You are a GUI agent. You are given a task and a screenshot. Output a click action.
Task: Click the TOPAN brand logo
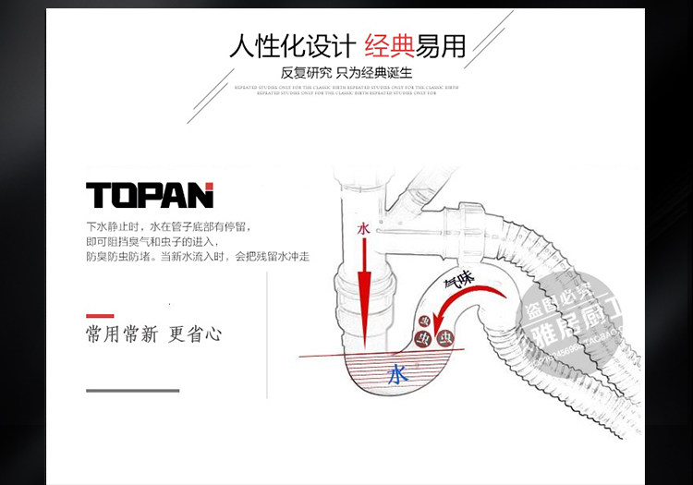(x=150, y=195)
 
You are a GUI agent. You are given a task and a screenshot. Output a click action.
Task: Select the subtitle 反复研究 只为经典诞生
(x=346, y=73)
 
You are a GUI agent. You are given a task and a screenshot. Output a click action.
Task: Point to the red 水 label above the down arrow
(x=363, y=228)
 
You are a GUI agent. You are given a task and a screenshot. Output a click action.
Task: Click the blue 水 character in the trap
(x=397, y=374)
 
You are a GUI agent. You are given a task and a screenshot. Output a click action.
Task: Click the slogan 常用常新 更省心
(x=153, y=333)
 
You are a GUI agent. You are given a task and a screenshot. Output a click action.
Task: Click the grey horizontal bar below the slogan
(x=132, y=390)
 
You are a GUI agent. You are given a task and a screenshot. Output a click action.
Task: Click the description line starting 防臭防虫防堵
(x=197, y=256)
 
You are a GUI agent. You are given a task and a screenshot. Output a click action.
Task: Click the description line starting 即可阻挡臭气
(x=161, y=241)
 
